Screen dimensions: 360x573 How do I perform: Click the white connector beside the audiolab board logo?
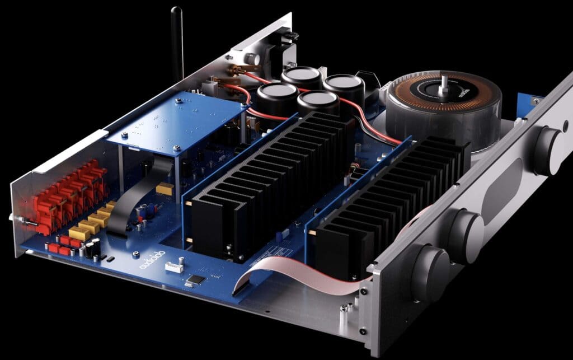point(173,265)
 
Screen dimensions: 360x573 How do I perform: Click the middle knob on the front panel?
point(466,228)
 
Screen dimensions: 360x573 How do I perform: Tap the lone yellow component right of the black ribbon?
point(164,189)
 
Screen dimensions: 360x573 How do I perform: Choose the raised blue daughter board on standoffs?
point(173,120)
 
